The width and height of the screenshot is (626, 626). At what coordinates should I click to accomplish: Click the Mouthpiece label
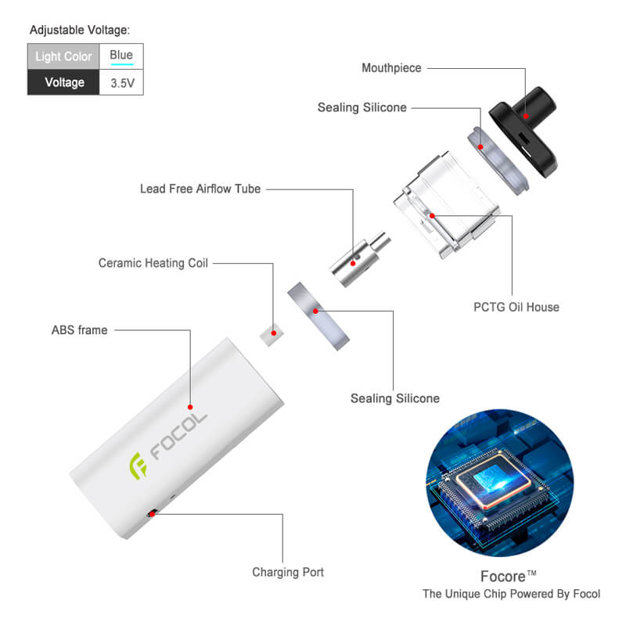(x=391, y=68)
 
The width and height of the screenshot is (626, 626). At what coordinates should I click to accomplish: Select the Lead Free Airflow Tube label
(x=200, y=189)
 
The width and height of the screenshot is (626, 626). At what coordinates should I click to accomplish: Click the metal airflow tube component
(x=360, y=259)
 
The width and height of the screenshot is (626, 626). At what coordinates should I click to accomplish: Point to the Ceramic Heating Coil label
(x=153, y=263)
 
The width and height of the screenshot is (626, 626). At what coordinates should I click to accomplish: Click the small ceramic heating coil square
(x=272, y=335)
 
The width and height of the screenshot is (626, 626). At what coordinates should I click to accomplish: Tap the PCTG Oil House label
(x=516, y=307)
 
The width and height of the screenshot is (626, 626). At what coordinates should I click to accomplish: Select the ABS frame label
(x=80, y=330)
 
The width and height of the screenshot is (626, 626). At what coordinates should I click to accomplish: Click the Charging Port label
(x=288, y=572)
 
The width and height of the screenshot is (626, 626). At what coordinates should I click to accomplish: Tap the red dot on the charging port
(x=152, y=514)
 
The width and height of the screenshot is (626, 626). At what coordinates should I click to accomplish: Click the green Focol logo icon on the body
(x=139, y=466)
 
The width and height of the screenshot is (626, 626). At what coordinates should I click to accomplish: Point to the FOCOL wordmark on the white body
(x=178, y=436)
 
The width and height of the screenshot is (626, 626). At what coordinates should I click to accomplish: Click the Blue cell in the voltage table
(x=121, y=56)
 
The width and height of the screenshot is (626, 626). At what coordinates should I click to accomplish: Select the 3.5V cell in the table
(x=121, y=83)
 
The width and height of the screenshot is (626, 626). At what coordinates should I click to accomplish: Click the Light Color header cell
(x=63, y=56)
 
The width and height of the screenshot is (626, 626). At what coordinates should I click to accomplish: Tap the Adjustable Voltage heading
(x=80, y=30)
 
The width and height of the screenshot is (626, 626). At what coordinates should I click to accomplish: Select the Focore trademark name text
(x=508, y=577)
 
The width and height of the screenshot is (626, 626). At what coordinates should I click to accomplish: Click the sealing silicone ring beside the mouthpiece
(x=498, y=161)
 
